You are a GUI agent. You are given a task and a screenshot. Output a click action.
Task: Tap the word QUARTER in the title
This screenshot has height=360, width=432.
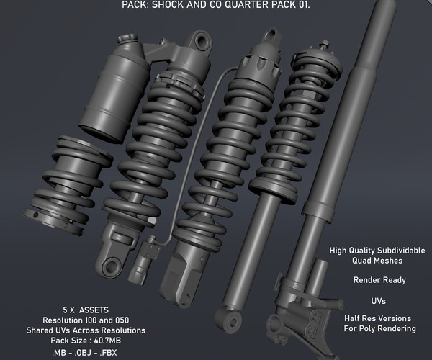pyautogui.click(x=250, y=5)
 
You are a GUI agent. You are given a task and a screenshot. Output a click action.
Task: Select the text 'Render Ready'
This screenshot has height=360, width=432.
pyautogui.click(x=379, y=280)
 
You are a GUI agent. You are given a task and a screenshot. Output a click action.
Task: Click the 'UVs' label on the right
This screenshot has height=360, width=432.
pyautogui.click(x=378, y=301)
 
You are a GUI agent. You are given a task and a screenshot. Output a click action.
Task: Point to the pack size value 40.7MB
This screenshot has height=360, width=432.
pyautogui.click(x=107, y=341)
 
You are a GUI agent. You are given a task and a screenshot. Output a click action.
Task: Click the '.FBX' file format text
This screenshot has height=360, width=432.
pyautogui.click(x=107, y=353)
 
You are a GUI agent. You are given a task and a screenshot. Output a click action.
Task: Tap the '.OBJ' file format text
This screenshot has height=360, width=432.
pyautogui.click(x=84, y=353)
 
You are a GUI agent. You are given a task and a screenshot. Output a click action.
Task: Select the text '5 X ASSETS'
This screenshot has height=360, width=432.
pyautogui.click(x=86, y=310)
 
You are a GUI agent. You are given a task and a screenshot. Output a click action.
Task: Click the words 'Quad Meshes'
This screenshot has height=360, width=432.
pyautogui.click(x=377, y=261)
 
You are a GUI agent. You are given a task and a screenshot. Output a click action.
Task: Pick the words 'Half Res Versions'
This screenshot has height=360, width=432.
pyautogui.click(x=377, y=318)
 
